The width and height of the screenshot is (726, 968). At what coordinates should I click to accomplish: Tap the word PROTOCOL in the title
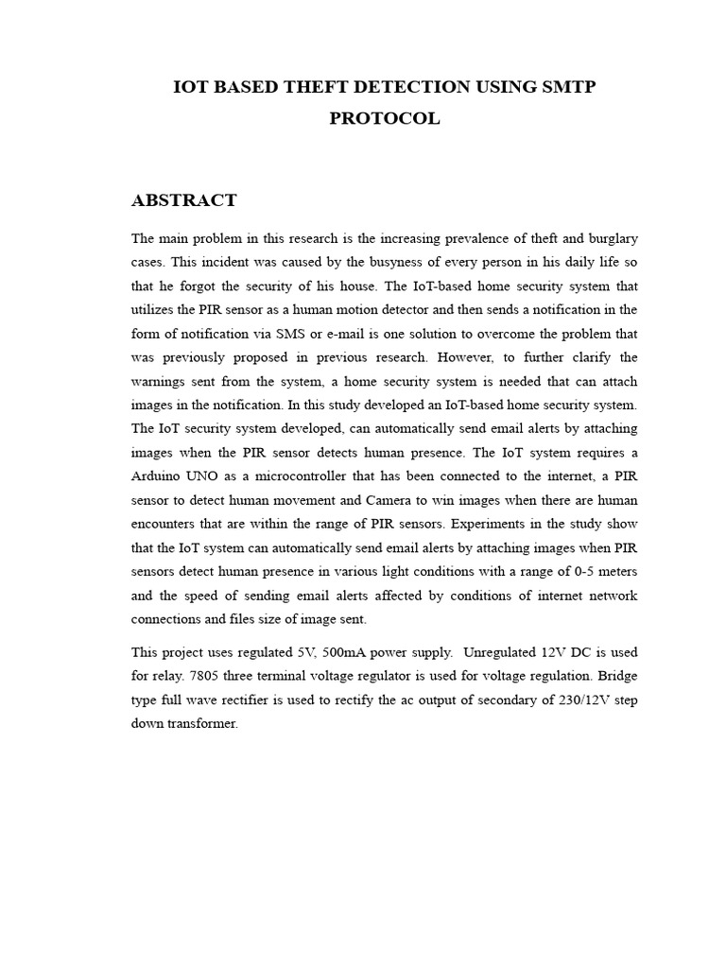coord(385,119)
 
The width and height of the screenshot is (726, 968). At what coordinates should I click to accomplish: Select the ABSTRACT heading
coord(184,200)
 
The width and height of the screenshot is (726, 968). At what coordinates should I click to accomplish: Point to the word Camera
coord(378,500)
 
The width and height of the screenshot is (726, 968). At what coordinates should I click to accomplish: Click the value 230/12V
coord(578,700)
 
